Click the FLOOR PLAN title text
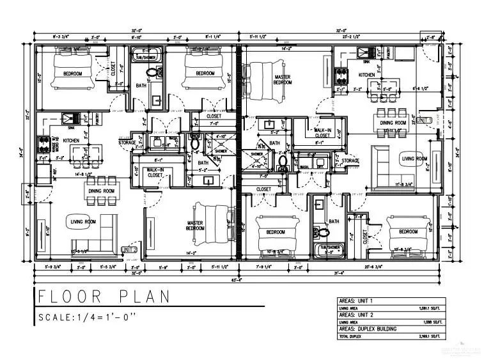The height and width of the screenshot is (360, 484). pyautogui.click(x=104, y=297)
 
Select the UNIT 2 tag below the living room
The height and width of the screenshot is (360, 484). pyautogui.click(x=130, y=249)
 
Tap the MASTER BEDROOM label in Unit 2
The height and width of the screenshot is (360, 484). pyautogui.click(x=194, y=226)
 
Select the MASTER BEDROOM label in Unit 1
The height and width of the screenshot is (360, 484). pyautogui.click(x=282, y=79)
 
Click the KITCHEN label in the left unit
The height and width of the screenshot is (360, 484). pyautogui.click(x=71, y=140)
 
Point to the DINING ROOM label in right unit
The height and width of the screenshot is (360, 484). pyautogui.click(x=393, y=122)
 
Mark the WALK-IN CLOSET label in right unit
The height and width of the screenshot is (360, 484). pyautogui.click(x=322, y=132)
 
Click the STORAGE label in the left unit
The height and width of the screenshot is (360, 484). pyautogui.click(x=127, y=143)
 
